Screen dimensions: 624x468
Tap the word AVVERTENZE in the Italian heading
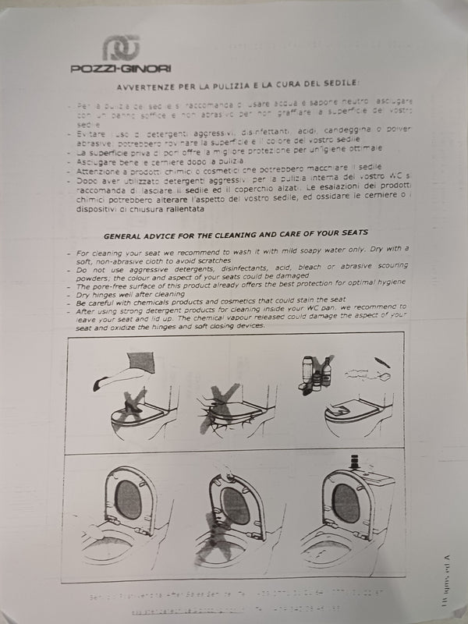pos(144,85)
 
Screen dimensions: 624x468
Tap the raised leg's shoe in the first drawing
pos(98,383)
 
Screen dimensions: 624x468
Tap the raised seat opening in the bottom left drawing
pos(129,501)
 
